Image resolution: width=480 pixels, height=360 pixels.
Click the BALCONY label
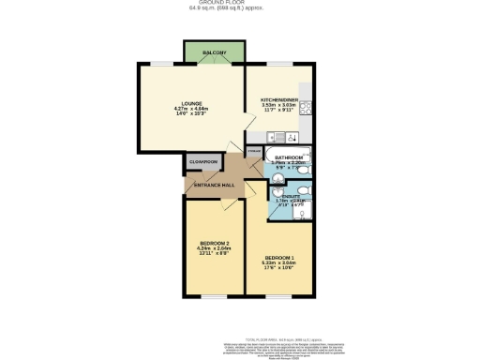[214, 52]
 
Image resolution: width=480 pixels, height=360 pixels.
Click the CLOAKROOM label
[203, 162]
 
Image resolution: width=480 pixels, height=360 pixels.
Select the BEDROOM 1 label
[279, 258]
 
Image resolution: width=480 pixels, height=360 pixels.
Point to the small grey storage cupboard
[253, 150]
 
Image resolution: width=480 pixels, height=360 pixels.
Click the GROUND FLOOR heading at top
[239, 4]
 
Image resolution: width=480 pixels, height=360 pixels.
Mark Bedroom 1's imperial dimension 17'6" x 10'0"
[279, 268]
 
